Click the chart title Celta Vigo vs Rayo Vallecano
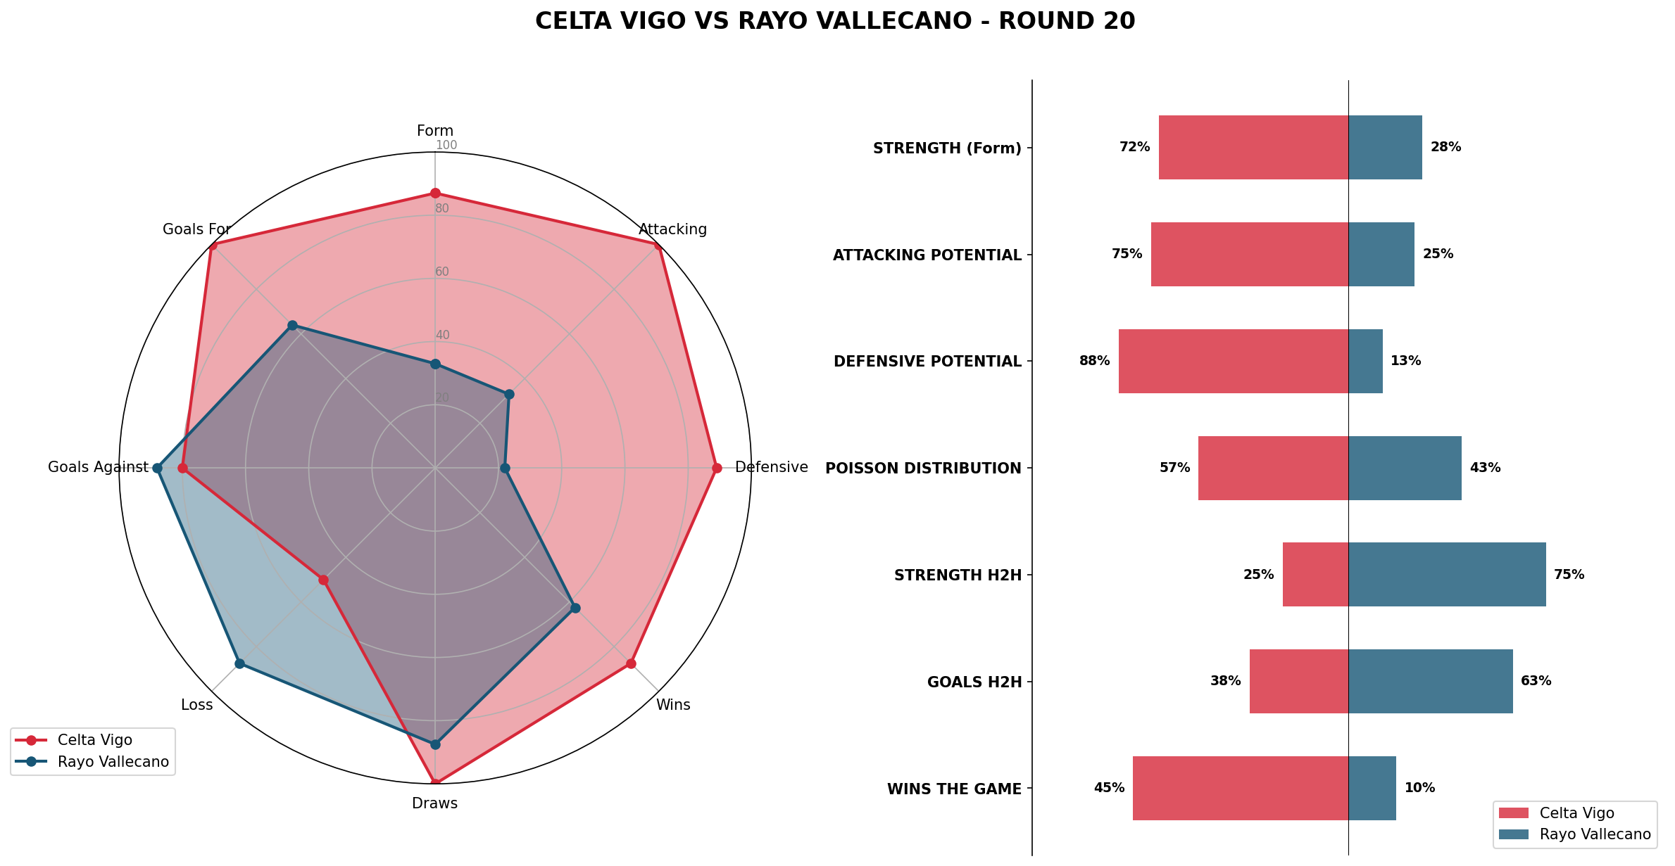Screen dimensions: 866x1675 pos(835,21)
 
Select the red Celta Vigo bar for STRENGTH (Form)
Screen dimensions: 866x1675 pos(1253,148)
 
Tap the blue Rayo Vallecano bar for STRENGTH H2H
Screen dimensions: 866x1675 pos(1447,575)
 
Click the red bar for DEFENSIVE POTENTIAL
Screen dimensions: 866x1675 pos(1234,361)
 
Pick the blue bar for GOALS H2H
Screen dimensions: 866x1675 pos(1430,682)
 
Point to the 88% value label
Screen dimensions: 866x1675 pos(1094,361)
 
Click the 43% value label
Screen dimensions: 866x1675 pos(1485,468)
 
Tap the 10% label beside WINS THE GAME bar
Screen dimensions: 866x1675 pos(1419,788)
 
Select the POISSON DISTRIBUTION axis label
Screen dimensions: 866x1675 pos(923,469)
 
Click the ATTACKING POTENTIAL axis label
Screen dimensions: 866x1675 pos(927,255)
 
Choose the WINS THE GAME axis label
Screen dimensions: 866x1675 pos(954,789)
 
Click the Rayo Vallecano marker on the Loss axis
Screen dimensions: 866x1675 pos(239,663)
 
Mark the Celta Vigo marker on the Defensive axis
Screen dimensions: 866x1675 pos(717,468)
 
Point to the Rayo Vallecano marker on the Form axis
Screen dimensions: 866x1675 pos(435,364)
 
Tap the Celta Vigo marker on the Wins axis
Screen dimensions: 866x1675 pos(631,663)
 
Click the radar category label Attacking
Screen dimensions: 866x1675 pos(672,229)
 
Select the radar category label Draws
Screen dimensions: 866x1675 pos(434,803)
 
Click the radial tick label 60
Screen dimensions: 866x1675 pos(442,272)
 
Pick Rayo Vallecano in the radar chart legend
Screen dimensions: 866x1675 pos(113,762)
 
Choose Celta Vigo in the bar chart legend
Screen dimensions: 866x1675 pos(1576,813)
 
